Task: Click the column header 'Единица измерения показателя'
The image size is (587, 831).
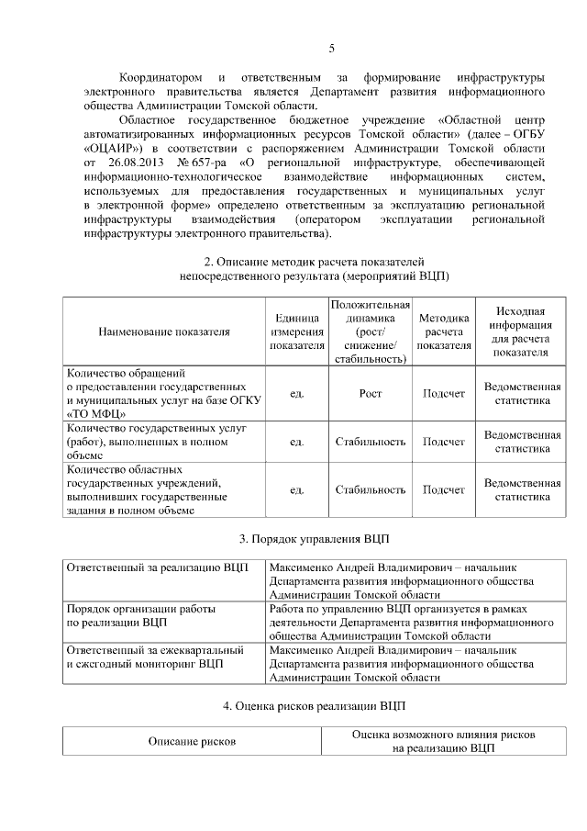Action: click(x=296, y=331)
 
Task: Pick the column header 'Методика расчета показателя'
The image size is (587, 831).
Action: click(x=443, y=331)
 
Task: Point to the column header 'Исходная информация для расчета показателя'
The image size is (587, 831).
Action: click(x=520, y=331)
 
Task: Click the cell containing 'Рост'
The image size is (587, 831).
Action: click(x=370, y=393)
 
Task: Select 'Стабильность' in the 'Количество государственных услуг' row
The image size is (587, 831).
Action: click(x=370, y=442)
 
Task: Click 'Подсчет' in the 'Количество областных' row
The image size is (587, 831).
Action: click(x=443, y=489)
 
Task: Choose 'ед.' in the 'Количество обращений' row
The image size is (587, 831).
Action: click(x=296, y=393)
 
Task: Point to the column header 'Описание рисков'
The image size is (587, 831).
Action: click(x=193, y=740)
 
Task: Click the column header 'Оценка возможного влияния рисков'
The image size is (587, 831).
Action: click(x=444, y=735)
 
